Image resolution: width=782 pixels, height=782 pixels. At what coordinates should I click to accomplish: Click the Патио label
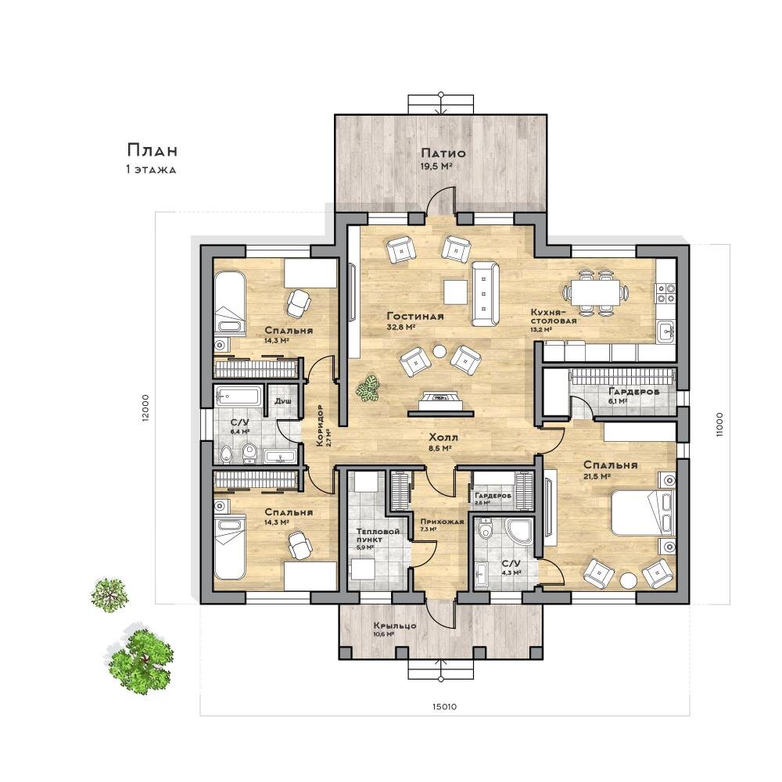pyautogui.click(x=443, y=153)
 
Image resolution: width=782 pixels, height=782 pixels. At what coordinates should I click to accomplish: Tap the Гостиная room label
pyautogui.click(x=415, y=316)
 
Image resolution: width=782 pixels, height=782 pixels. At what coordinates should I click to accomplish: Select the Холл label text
pyautogui.click(x=443, y=437)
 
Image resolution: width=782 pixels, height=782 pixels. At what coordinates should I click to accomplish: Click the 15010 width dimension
pyautogui.click(x=444, y=706)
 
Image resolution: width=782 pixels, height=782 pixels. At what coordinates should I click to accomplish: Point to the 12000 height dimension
pyautogui.click(x=145, y=408)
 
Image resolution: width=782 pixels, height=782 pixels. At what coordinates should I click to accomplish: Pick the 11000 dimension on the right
pyautogui.click(x=719, y=425)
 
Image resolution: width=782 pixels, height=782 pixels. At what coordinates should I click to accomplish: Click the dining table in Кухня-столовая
pyautogui.click(x=595, y=292)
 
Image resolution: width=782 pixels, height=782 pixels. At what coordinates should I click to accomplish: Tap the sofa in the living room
pyautogui.click(x=485, y=292)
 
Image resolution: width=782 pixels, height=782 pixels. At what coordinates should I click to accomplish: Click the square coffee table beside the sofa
pyautogui.click(x=456, y=292)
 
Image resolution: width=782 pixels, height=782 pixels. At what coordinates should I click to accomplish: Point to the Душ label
pyautogui.click(x=283, y=401)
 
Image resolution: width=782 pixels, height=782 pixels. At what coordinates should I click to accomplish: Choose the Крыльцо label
pyautogui.click(x=395, y=626)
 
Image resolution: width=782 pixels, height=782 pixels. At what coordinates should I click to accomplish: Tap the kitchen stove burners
pyautogui.click(x=665, y=293)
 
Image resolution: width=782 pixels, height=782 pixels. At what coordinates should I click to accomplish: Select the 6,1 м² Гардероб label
pyautogui.click(x=633, y=392)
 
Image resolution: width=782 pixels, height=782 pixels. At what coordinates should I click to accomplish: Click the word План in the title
pyautogui.click(x=152, y=150)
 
